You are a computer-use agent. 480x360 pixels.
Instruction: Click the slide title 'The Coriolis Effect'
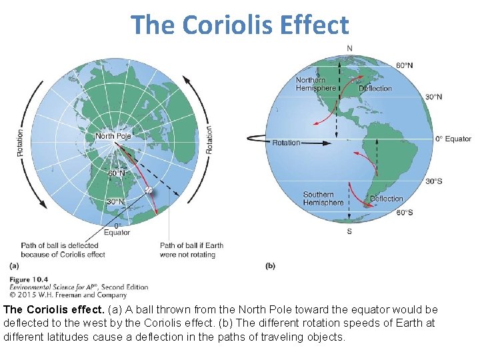(240, 25)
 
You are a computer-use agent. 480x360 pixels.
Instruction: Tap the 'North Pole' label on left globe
(113, 136)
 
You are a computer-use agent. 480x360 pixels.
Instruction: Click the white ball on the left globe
(149, 191)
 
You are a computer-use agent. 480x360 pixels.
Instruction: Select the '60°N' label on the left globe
(117, 173)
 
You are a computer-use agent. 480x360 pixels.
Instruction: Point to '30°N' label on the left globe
(116, 202)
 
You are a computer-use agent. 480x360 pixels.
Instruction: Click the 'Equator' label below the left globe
(117, 233)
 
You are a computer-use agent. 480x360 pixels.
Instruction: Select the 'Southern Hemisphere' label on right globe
(323, 199)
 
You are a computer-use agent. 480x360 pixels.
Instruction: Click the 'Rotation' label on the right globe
(287, 143)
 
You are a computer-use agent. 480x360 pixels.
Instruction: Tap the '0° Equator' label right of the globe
(453, 139)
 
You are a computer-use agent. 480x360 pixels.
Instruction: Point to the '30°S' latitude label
(433, 181)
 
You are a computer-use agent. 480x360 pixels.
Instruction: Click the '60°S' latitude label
(405, 213)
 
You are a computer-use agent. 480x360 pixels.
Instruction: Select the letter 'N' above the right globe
(349, 48)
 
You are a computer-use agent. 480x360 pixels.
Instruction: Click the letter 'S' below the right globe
(349, 231)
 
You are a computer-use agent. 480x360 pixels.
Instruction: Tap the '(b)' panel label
(270, 266)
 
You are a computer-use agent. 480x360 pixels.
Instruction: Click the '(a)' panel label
(15, 266)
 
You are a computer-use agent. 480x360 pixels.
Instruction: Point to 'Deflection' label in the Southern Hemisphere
(387, 199)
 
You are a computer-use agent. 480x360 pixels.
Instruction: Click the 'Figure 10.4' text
(29, 279)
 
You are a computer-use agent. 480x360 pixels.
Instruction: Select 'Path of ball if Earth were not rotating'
(191, 249)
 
